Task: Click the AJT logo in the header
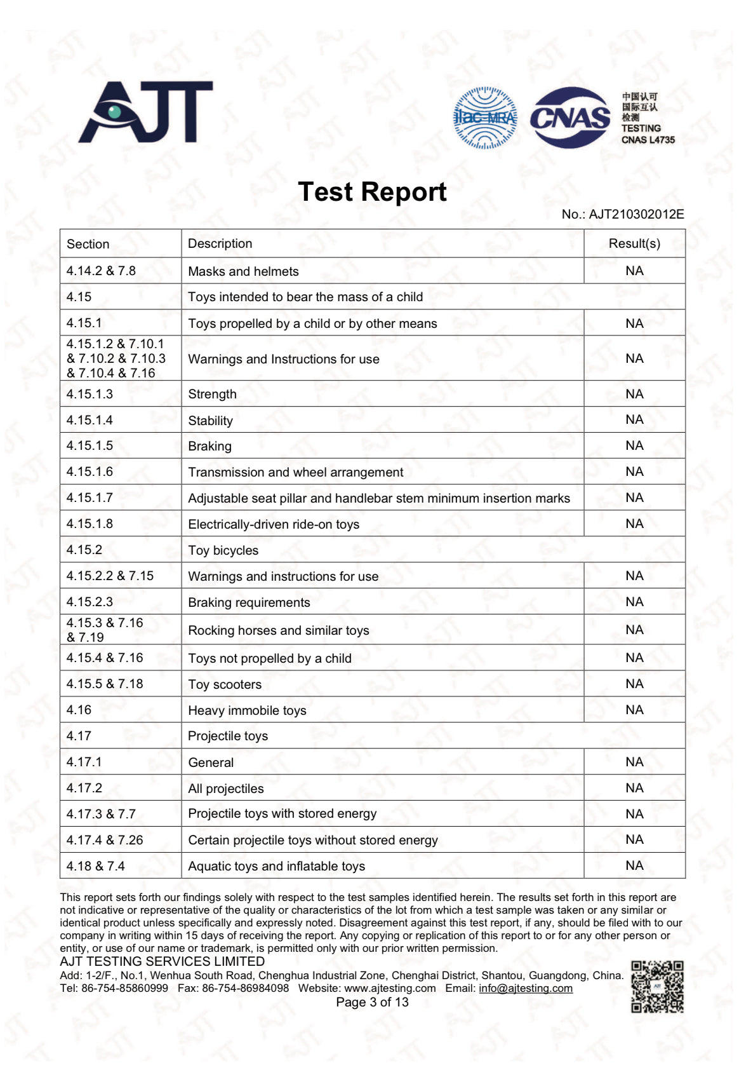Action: [x=145, y=112]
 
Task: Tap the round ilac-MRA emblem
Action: [x=485, y=118]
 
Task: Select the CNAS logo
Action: [x=569, y=118]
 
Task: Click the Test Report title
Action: [x=372, y=192]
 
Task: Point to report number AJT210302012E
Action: [x=636, y=214]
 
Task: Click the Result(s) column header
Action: [x=634, y=244]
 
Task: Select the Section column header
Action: [x=88, y=244]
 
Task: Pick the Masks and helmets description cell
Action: [x=243, y=271]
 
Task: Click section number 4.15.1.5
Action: [x=90, y=445]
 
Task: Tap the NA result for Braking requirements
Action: [x=634, y=602]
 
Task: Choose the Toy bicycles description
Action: [x=223, y=550]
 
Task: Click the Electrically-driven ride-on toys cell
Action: [x=274, y=524]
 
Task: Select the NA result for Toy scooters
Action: [x=634, y=684]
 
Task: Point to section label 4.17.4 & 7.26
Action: [x=105, y=840]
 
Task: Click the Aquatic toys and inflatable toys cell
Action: [x=276, y=866]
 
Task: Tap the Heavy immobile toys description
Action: [x=247, y=710]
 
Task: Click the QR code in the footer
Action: [x=657, y=987]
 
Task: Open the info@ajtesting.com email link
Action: [x=525, y=988]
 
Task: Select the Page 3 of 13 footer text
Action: [x=372, y=1002]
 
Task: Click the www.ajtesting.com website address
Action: [x=390, y=988]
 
